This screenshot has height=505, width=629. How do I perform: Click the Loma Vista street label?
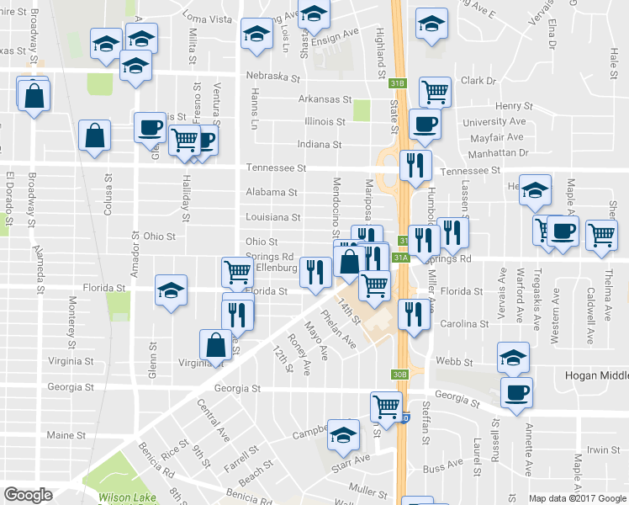[x=207, y=18]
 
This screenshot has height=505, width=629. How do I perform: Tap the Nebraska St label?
[x=273, y=77]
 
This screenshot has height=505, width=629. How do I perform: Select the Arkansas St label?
[x=325, y=99]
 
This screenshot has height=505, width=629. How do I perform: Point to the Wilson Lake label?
[x=127, y=497]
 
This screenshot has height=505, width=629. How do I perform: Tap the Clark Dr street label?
[x=478, y=81]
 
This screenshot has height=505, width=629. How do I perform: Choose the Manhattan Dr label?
[x=499, y=153]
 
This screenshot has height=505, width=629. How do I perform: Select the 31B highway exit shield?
[x=398, y=82]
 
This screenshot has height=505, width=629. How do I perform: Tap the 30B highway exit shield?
[x=399, y=374]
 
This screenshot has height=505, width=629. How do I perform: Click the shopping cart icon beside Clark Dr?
[x=435, y=90]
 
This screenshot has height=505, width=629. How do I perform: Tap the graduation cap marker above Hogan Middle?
[x=514, y=357]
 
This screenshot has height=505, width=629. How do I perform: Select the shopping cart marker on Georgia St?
[x=386, y=407]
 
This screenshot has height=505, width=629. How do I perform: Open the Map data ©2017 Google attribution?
[x=577, y=497]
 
